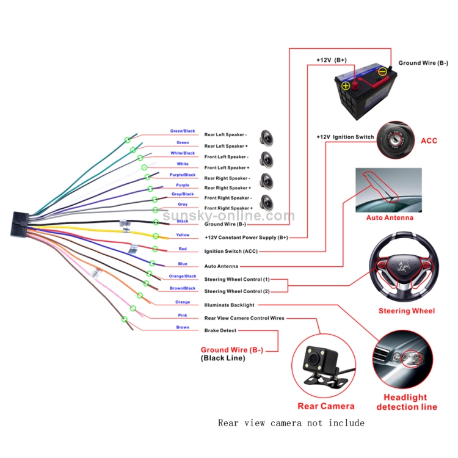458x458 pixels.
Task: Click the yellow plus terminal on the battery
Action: point(346,86)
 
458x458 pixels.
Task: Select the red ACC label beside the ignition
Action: point(429,140)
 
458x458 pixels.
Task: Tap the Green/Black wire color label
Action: point(183,131)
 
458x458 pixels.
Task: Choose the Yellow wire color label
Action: point(183,235)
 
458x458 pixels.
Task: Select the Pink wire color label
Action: point(183,315)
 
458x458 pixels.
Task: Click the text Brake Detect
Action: point(220,330)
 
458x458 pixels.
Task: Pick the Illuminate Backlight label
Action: point(229,305)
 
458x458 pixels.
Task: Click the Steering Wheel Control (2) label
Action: point(237,291)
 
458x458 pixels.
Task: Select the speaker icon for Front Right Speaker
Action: point(266,202)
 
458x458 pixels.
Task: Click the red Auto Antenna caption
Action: point(389,218)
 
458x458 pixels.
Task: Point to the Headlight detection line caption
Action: point(406,402)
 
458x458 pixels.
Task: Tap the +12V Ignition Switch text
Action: point(345,137)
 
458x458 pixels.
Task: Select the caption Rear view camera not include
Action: point(291,423)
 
